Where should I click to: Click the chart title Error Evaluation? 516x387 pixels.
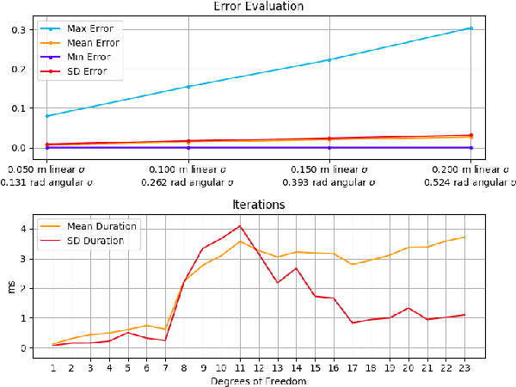click(x=258, y=6)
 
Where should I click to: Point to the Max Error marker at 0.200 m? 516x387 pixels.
click(x=471, y=28)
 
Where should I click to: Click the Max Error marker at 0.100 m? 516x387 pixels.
click(x=188, y=87)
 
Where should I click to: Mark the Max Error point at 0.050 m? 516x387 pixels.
click(x=47, y=115)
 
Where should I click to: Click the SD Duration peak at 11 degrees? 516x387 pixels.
click(x=241, y=226)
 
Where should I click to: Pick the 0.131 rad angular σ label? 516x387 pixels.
click(x=47, y=182)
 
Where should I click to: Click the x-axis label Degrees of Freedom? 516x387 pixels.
click(x=258, y=378)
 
